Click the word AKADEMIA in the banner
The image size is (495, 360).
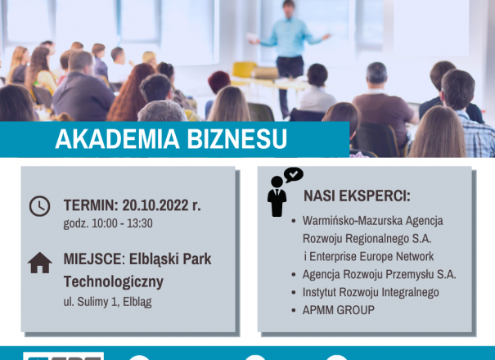(x=117, y=138)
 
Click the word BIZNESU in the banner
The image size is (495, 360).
(x=237, y=138)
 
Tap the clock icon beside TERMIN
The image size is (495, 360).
(x=40, y=206)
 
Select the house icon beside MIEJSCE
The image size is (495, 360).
(x=40, y=263)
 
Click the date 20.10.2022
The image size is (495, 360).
(x=155, y=205)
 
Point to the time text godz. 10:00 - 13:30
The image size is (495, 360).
(x=108, y=223)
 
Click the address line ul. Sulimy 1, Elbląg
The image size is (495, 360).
(x=108, y=302)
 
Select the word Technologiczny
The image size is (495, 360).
(x=114, y=281)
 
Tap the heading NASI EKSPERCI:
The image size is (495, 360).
(x=357, y=196)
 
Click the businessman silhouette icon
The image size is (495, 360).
(x=277, y=196)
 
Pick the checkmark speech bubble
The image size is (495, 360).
(x=294, y=174)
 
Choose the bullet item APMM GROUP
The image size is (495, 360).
(x=339, y=310)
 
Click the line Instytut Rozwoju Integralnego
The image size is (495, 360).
(x=371, y=292)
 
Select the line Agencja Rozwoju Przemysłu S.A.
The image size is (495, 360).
(x=379, y=274)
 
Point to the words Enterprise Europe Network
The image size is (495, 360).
(x=371, y=256)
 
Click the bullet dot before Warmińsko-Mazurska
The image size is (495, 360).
(x=294, y=221)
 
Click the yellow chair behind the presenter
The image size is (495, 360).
(x=244, y=70)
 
